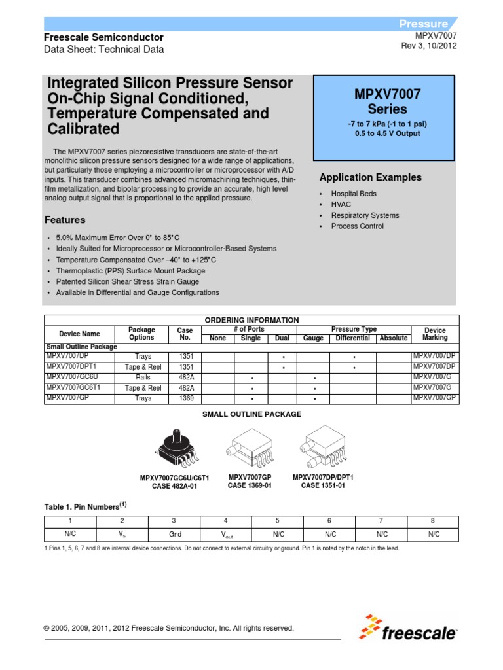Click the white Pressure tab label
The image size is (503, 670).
pyautogui.click(x=424, y=24)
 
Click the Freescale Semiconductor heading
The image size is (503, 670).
pyautogui.click(x=103, y=37)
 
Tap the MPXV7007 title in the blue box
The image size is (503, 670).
pyautogui.click(x=387, y=94)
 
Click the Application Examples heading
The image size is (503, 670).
pyautogui.click(x=370, y=177)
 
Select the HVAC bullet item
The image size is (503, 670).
pyautogui.click(x=341, y=205)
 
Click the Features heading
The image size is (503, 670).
pyautogui.click(x=64, y=220)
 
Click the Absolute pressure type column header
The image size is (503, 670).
pyautogui.click(x=393, y=338)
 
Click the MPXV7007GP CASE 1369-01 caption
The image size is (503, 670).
pyautogui.click(x=249, y=482)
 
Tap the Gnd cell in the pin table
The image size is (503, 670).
pyautogui.click(x=174, y=534)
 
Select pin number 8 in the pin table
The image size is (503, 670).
pyautogui.click(x=433, y=521)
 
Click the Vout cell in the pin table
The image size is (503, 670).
pyautogui.click(x=225, y=535)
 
